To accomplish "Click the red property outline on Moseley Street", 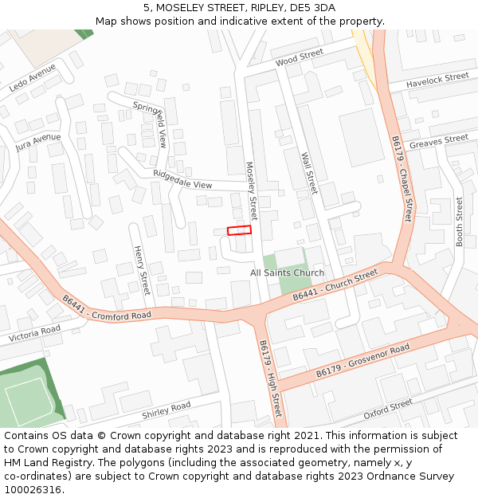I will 239,230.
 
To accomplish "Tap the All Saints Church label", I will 287,273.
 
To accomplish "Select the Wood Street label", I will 299,57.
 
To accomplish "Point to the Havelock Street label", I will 437,80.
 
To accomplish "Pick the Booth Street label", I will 459,222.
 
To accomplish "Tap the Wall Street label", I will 309,174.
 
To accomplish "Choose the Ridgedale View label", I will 182,179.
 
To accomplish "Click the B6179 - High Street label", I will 270,379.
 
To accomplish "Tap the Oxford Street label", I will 388,410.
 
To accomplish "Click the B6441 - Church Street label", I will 335,285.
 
